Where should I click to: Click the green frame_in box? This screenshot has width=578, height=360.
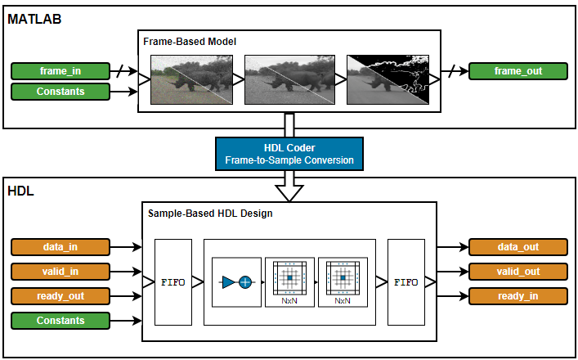click(x=60, y=71)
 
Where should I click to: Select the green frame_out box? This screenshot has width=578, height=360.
click(x=518, y=71)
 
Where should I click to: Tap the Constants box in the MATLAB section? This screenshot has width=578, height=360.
click(x=60, y=92)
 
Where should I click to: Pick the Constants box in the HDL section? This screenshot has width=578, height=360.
click(x=60, y=321)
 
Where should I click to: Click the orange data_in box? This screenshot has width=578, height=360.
click(x=60, y=247)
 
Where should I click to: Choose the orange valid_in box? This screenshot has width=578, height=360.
click(x=60, y=272)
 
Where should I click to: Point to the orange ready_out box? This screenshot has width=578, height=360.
click(x=60, y=296)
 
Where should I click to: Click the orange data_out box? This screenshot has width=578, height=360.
click(x=518, y=247)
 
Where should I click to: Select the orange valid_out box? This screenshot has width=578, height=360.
click(x=518, y=272)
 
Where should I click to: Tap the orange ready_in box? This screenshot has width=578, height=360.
click(x=518, y=296)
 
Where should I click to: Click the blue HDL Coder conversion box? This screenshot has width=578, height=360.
click(x=289, y=154)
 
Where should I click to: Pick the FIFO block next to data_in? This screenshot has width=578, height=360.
click(x=173, y=282)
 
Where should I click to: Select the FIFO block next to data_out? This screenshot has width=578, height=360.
click(x=406, y=282)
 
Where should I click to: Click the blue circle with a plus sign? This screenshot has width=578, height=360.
click(x=244, y=282)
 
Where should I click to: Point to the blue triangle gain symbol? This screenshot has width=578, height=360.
click(x=228, y=282)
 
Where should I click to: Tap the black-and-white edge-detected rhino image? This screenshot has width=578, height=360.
click(x=388, y=79)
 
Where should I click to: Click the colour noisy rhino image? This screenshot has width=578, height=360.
click(x=191, y=79)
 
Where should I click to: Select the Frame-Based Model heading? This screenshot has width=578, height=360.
click(x=190, y=41)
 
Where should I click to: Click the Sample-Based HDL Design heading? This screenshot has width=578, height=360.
click(x=210, y=214)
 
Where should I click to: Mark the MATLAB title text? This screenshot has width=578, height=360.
click(x=34, y=19)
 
